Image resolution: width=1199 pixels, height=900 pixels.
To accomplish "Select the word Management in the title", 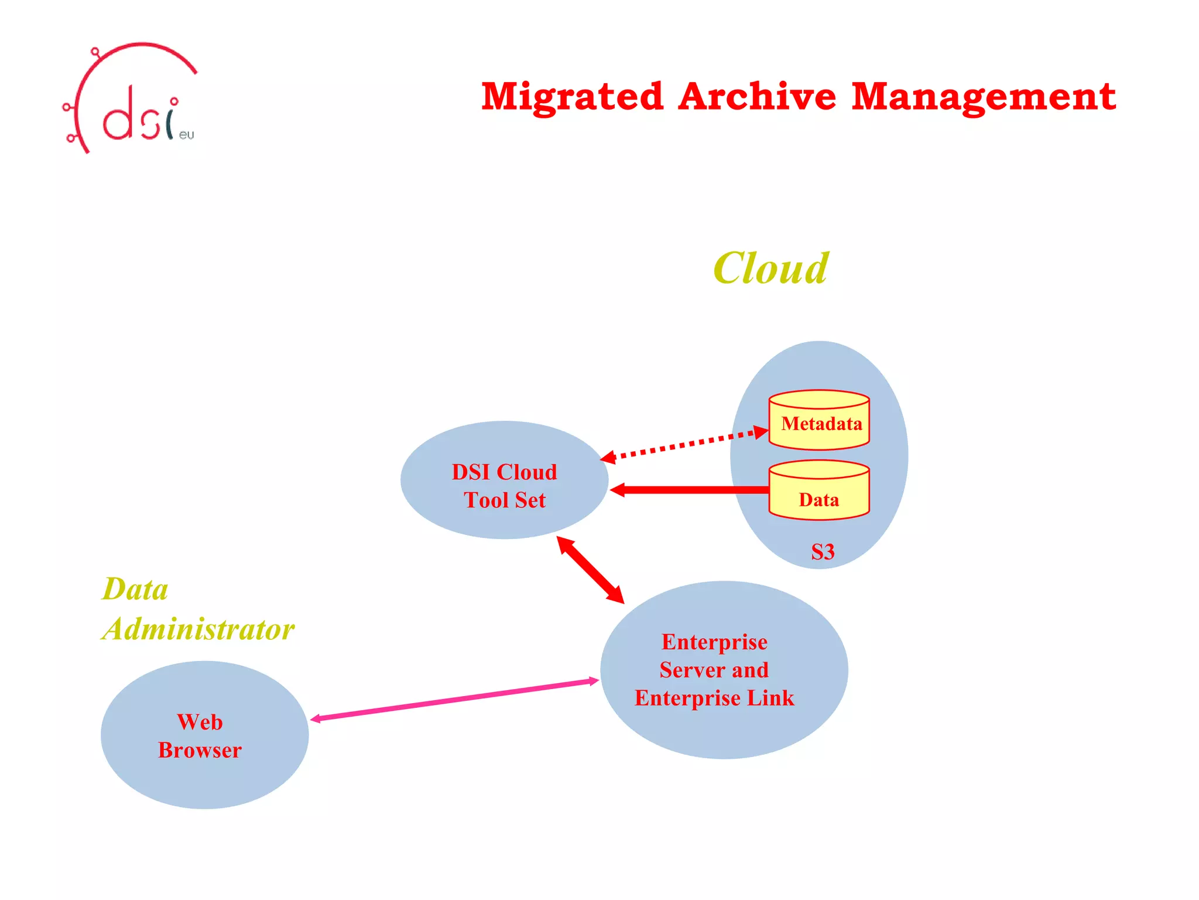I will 984,97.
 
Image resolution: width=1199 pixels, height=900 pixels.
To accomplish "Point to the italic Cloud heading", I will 770,268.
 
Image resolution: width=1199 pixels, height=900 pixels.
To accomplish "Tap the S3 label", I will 823,552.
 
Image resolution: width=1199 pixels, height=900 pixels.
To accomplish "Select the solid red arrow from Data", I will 691,490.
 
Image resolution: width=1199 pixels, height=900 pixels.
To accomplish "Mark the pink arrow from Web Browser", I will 454,700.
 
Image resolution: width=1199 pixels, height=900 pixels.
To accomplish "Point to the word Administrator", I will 199,629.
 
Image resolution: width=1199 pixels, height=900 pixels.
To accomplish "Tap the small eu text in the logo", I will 186,135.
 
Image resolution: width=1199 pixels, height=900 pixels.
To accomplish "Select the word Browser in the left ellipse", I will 200,750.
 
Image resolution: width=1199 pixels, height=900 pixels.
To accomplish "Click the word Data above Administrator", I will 135,589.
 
